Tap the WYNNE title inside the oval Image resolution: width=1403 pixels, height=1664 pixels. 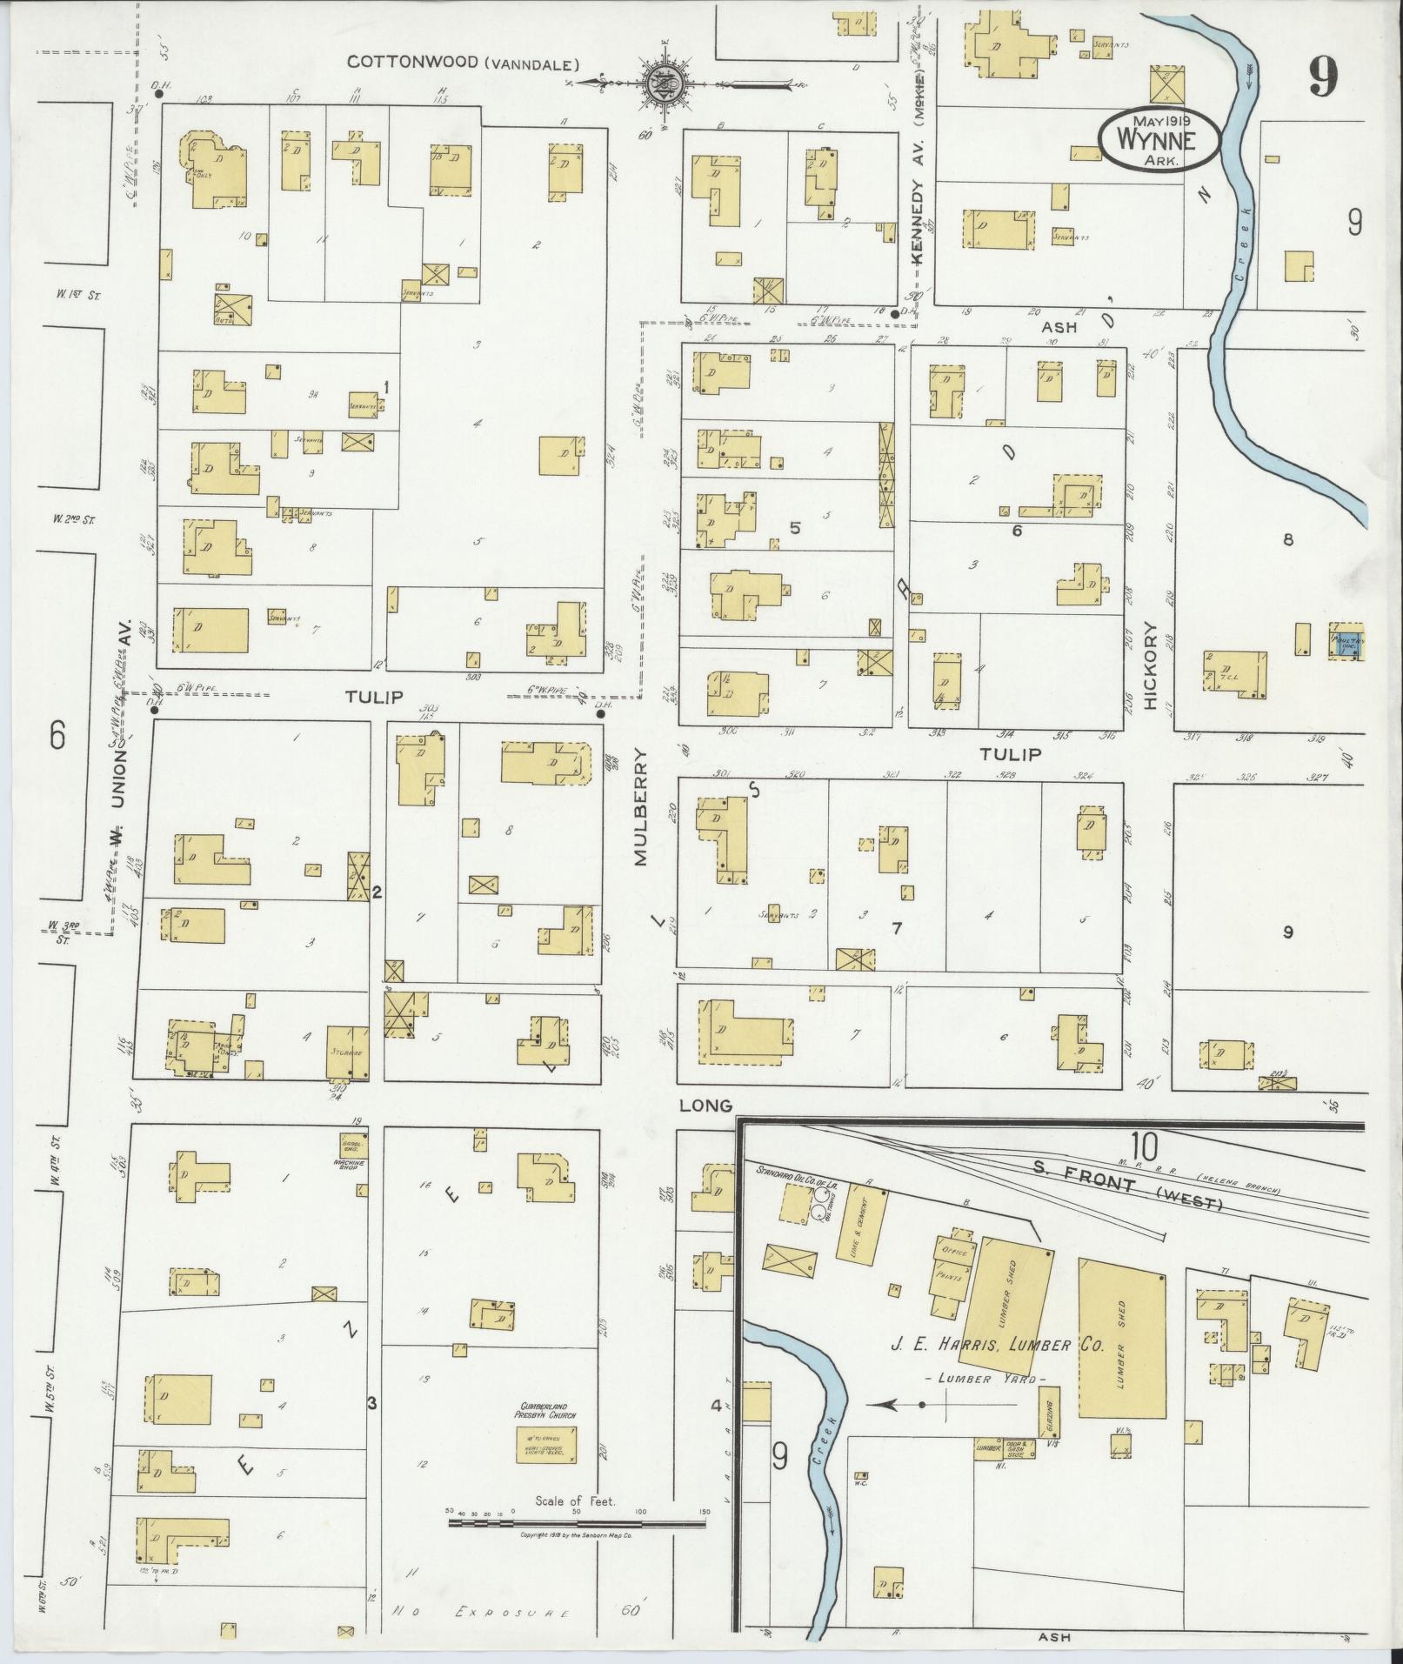coord(1157,139)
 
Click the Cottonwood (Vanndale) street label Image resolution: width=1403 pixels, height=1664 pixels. coord(463,63)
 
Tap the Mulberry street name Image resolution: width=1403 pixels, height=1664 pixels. coord(641,807)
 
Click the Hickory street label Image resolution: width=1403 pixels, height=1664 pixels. coord(1152,666)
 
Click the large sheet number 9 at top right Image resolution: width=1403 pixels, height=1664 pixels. coord(1321,80)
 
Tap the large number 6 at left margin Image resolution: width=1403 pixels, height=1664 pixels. coord(57,737)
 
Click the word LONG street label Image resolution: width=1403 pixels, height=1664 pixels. coord(705,1106)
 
